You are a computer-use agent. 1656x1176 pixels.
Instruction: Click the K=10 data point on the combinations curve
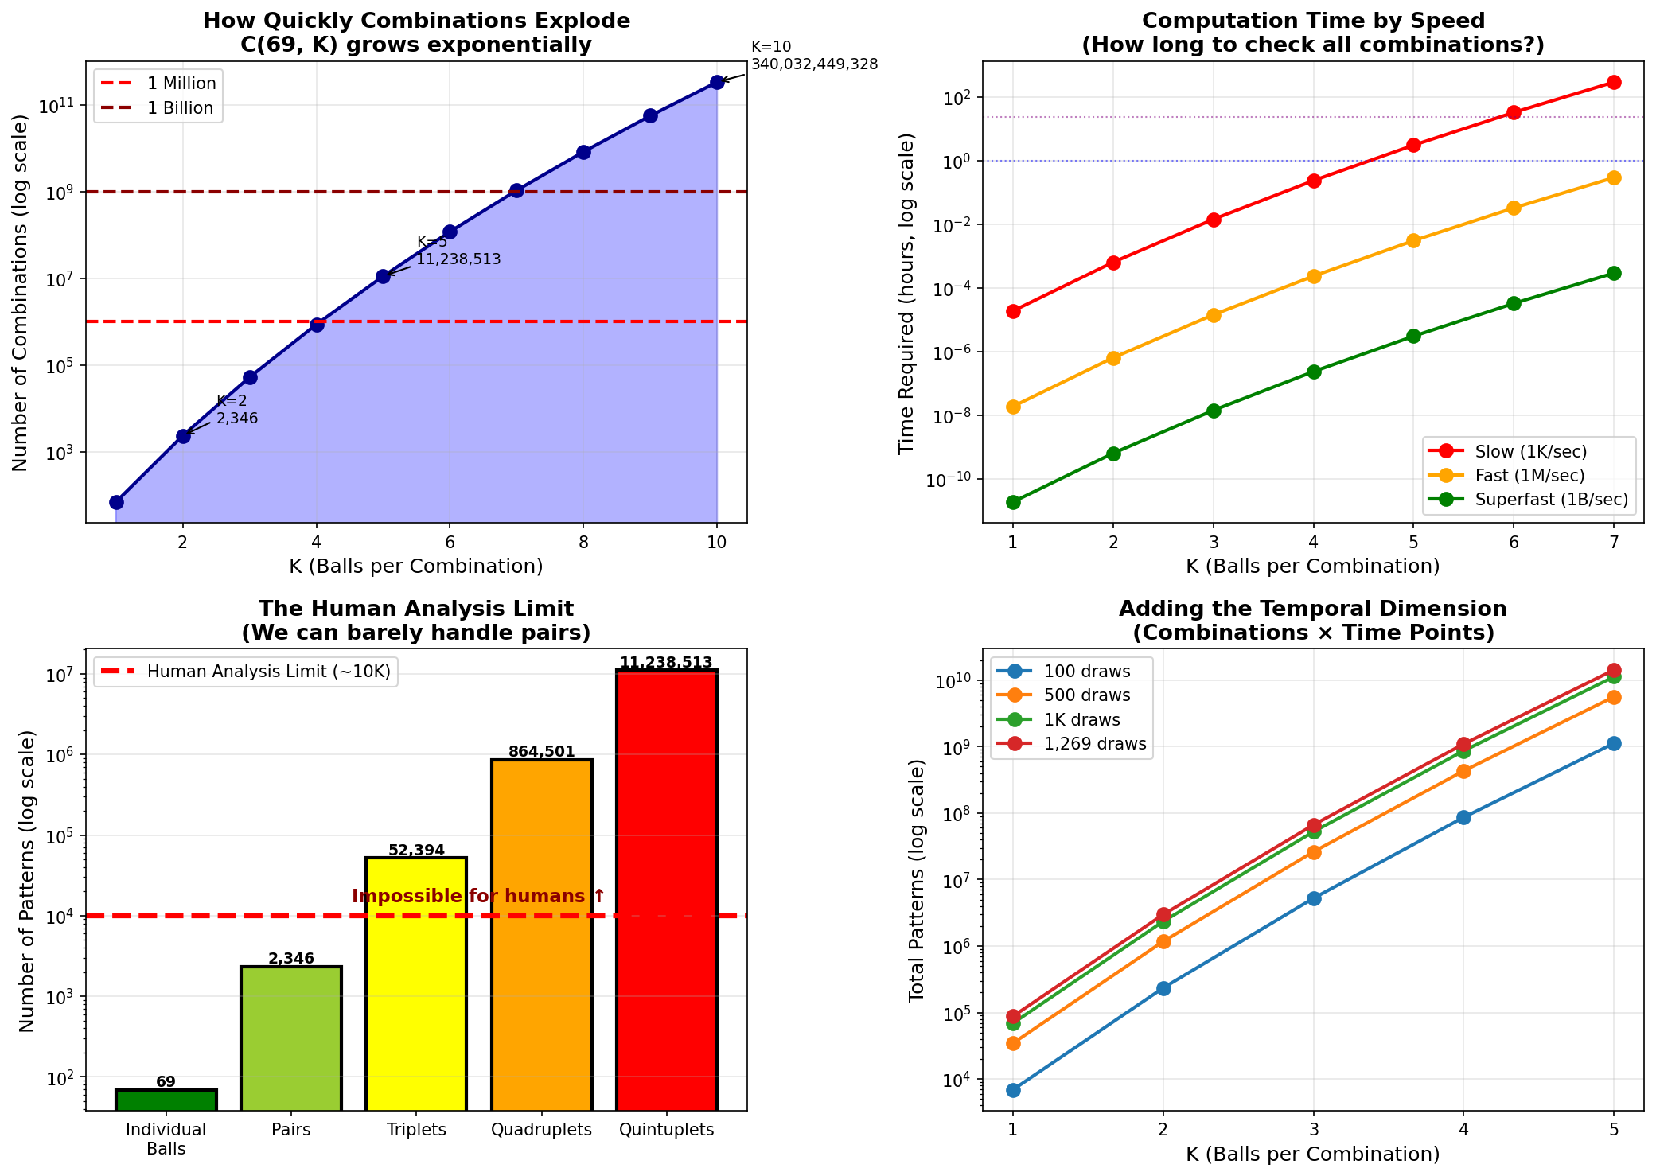[x=717, y=82]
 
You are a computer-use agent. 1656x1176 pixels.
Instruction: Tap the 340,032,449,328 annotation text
[x=814, y=64]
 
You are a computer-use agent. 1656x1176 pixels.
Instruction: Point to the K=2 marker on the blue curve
[x=183, y=436]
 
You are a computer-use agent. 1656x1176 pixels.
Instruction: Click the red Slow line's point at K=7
[x=1614, y=82]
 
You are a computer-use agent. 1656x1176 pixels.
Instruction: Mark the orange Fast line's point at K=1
[x=1013, y=407]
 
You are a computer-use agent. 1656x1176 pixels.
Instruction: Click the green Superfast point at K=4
[x=1314, y=372]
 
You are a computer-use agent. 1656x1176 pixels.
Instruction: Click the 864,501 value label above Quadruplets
[x=542, y=752]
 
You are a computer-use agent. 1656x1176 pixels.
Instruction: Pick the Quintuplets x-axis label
[x=667, y=1130]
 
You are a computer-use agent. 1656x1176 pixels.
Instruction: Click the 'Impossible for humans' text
[x=478, y=897]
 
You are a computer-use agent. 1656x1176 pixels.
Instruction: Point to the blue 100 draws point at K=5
[x=1614, y=743]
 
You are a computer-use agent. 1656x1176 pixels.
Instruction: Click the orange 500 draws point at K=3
[x=1314, y=852]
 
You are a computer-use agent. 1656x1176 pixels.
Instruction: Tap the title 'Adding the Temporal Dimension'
[x=1313, y=609]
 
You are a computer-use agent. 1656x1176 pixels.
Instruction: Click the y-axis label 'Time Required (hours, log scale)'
[x=907, y=293]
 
